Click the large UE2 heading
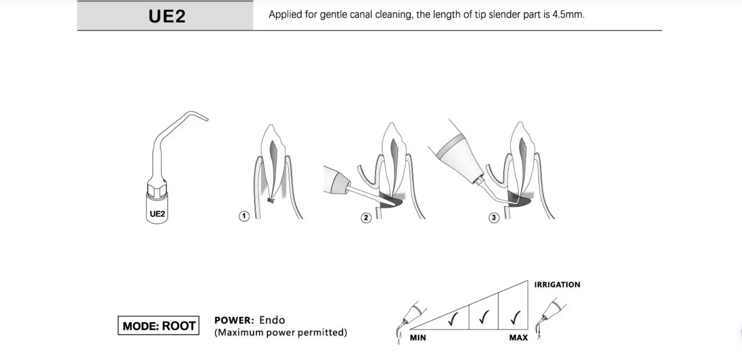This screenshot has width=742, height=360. tap(167, 16)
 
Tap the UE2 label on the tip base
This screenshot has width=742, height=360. tap(157, 214)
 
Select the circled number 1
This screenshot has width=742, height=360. tap(244, 216)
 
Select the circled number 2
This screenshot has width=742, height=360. tap(366, 218)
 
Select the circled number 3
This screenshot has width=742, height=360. tap(494, 218)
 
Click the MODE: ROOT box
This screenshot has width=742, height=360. tap(159, 326)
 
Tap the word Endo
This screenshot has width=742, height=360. tap(272, 320)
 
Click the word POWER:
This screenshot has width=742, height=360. tap(234, 320)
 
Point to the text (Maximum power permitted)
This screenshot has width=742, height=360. tap(280, 332)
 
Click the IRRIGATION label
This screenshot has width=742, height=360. tap(557, 284)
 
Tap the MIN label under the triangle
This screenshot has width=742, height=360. tap(418, 338)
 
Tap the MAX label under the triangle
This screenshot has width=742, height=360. tap(518, 338)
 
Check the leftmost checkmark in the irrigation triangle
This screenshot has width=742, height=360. tap(453, 319)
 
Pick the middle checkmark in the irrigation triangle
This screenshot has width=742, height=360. tap(484, 316)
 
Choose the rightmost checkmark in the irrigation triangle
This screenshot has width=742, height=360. tap(515, 316)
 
